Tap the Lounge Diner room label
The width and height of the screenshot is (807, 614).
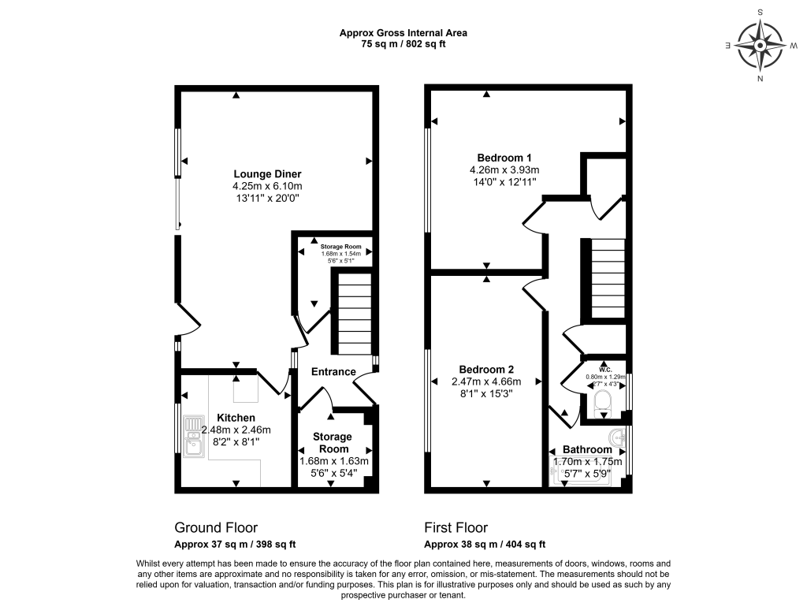(x=267, y=174)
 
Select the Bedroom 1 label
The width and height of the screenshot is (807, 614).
(x=504, y=156)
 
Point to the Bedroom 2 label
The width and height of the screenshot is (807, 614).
(x=487, y=370)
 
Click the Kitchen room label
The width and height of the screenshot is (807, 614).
(x=236, y=418)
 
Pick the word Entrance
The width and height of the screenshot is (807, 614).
(x=333, y=372)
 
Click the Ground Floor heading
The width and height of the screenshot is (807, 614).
(x=215, y=527)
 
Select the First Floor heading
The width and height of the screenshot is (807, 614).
(x=456, y=527)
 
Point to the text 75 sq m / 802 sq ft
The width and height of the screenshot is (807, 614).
(x=403, y=44)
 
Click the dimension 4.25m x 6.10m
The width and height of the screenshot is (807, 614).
(x=267, y=186)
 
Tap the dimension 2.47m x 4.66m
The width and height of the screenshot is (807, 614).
(x=487, y=381)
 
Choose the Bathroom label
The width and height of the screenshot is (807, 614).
(x=587, y=450)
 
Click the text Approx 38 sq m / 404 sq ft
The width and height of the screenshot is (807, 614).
(x=485, y=544)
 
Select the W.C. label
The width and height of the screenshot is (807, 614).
(x=605, y=368)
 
